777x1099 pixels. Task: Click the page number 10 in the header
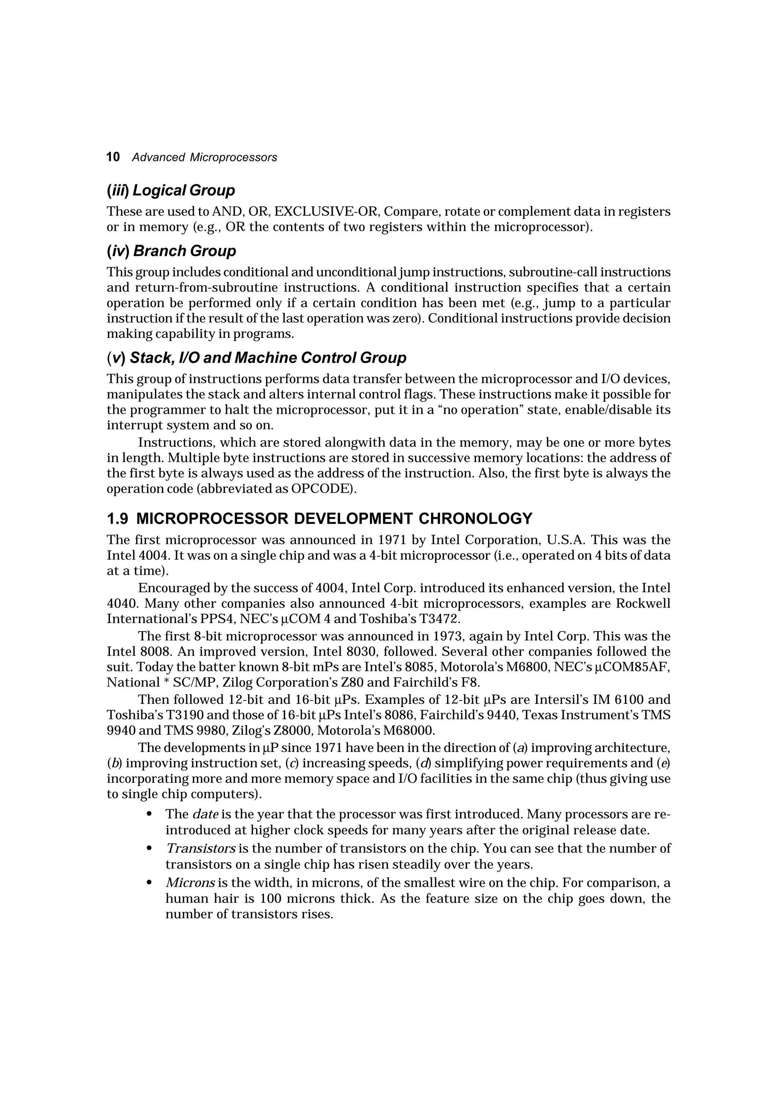[113, 157]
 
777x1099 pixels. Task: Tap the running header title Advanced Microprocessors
[204, 157]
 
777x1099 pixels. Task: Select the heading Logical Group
[183, 190]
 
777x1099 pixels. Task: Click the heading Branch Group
[184, 251]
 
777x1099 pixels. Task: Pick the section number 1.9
[117, 519]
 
